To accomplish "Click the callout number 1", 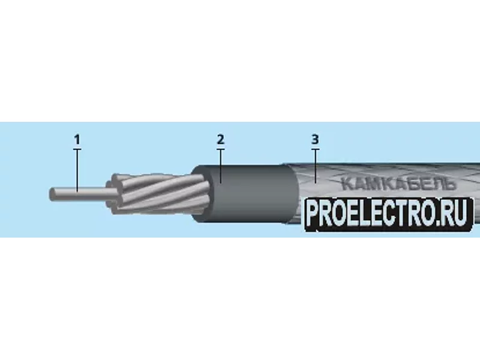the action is tap(77, 140).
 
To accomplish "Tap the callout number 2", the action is tap(221, 140).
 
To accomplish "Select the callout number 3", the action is tap(315, 140).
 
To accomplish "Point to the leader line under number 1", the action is tap(77, 170).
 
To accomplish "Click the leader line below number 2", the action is tap(221, 166).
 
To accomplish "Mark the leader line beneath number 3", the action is tap(316, 166).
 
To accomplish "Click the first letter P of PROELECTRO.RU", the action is tap(313, 214).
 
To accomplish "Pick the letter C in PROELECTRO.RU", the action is tap(392, 214).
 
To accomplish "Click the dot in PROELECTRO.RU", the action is tap(442, 222).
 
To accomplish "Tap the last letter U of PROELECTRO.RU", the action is tap(462, 214).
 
